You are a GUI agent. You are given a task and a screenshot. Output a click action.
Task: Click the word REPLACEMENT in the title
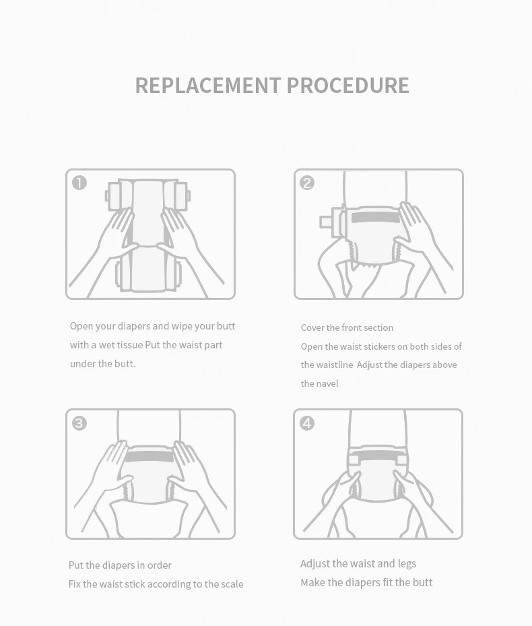207,86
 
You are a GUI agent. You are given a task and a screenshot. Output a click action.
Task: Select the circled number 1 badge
79,183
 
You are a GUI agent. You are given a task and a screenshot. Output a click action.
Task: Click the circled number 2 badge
307,183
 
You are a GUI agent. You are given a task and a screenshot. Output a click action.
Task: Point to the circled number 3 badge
79,423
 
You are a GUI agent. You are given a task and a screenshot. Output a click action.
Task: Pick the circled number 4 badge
307,423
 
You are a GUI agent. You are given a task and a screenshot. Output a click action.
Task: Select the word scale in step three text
232,584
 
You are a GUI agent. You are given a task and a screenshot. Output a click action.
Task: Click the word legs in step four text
407,563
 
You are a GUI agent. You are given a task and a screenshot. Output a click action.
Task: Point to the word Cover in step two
312,327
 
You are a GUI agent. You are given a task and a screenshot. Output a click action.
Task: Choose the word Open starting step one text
81,326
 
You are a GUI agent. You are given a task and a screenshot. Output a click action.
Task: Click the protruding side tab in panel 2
326,222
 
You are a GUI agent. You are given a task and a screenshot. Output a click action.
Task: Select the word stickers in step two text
380,346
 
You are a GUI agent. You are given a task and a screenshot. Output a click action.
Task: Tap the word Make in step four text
312,582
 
